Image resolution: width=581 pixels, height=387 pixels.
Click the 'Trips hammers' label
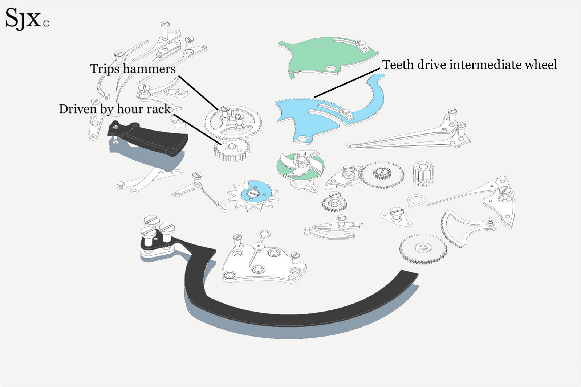click(133, 69)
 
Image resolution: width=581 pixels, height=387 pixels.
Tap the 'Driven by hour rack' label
click(114, 109)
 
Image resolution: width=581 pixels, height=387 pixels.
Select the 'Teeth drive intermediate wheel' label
click(469, 65)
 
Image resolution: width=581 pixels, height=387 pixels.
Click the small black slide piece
click(149, 138)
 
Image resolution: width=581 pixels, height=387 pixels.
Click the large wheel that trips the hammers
click(232, 123)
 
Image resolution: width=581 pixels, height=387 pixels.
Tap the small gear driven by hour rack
click(232, 149)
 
